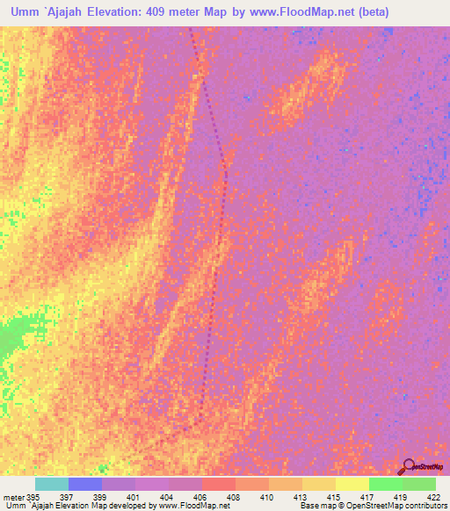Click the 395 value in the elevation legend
pos(33,496)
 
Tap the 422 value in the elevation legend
pos(432,496)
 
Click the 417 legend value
pos(367,496)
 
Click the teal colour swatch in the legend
pos(52,484)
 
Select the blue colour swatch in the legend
pos(85,484)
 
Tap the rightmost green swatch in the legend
pos(419,484)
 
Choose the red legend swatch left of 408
pos(218,484)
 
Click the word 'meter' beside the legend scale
pos(12,496)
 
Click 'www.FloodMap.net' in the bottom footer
pos(186,506)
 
